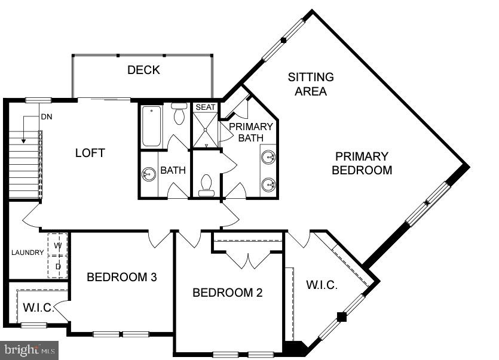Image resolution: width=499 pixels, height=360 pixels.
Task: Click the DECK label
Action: click(x=143, y=70)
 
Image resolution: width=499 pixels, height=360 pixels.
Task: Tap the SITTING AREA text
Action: click(x=311, y=84)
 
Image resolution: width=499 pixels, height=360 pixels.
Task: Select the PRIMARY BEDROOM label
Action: click(x=362, y=163)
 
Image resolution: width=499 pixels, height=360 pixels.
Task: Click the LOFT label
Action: click(x=90, y=153)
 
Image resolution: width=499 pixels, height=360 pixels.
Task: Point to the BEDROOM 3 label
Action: click(x=122, y=277)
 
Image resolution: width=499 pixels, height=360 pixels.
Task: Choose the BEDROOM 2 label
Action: click(x=227, y=293)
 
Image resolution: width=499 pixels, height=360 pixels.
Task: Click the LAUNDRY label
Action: click(x=27, y=253)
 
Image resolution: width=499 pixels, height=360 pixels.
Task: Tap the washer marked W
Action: click(x=58, y=245)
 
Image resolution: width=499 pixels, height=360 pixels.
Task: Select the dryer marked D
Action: click(x=58, y=267)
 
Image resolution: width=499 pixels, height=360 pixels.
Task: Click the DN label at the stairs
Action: click(x=47, y=117)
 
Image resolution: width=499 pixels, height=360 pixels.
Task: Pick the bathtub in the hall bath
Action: click(x=151, y=125)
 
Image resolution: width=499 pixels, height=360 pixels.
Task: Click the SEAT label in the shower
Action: click(x=205, y=107)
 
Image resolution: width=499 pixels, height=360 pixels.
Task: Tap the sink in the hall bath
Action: click(x=148, y=174)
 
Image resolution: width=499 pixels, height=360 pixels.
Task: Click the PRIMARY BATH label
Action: click(x=250, y=132)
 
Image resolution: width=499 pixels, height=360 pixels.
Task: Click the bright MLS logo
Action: click(x=29, y=349)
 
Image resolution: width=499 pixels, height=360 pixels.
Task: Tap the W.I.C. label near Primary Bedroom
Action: click(x=322, y=285)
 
